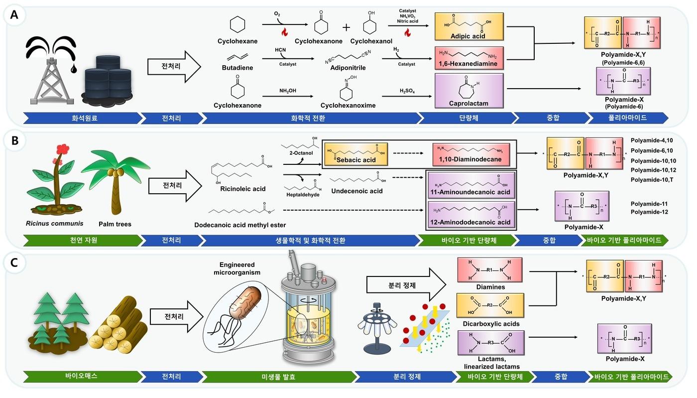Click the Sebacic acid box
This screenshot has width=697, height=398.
coord(355,153)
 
